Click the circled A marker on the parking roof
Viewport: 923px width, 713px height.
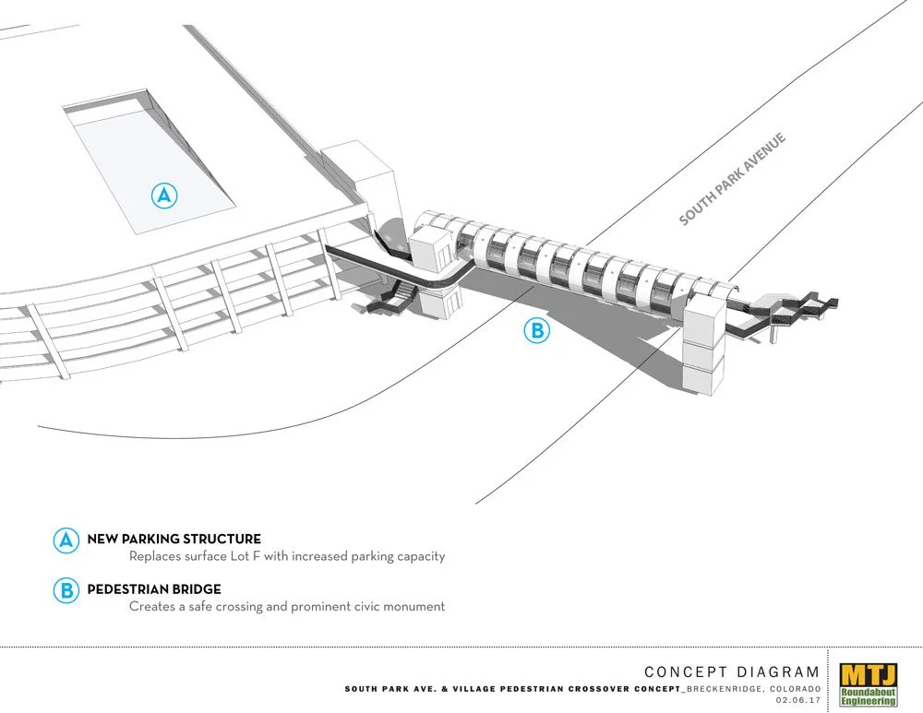[x=163, y=195]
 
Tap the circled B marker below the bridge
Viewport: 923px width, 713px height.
[x=536, y=330]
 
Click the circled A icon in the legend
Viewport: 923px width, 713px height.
[x=66, y=541]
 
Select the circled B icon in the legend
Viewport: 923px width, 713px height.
[x=66, y=590]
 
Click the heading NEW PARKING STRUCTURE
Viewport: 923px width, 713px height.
[x=174, y=539]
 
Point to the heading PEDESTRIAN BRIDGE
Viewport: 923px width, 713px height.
[x=154, y=588]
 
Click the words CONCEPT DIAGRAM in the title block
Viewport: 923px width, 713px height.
[x=731, y=672]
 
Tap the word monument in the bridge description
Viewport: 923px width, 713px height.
[x=412, y=607]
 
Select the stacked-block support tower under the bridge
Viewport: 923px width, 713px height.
[x=703, y=351]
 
